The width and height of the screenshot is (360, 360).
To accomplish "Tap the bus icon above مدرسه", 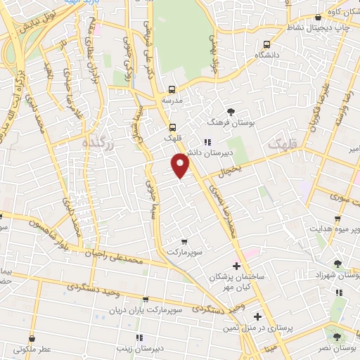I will [172, 89].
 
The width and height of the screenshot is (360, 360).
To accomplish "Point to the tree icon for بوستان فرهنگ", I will [231, 111].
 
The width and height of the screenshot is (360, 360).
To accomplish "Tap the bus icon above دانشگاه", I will [265, 43].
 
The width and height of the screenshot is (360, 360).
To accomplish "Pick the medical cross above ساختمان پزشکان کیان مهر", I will [236, 266].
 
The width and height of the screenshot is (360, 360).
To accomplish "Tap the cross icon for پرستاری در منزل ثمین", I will [258, 316].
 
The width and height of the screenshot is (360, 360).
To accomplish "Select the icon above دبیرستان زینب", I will [139, 337].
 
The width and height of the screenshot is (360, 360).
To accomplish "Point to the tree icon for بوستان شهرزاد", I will [338, 264].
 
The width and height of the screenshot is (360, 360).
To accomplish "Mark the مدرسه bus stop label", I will [172, 101].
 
